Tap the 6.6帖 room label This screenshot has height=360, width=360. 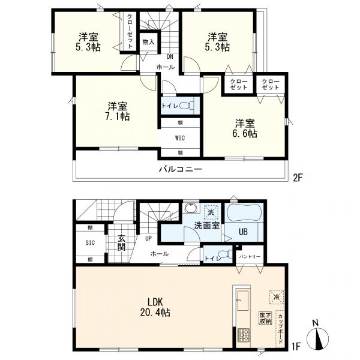(246, 129)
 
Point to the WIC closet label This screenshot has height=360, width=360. (180, 137)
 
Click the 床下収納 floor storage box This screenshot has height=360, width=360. (266, 318)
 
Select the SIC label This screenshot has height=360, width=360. (89, 244)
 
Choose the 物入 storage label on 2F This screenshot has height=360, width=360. (148, 42)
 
